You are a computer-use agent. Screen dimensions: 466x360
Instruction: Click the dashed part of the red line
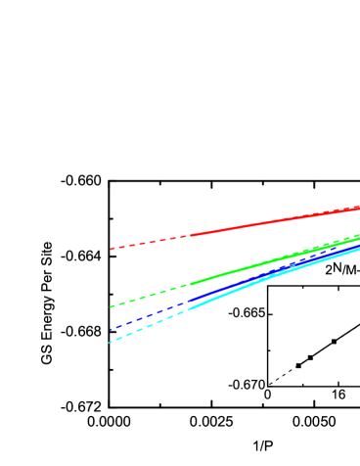(147, 242)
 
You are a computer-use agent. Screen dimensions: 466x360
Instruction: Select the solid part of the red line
(274, 221)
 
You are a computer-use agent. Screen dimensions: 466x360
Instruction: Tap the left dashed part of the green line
(147, 296)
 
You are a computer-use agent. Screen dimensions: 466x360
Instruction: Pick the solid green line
(235, 271)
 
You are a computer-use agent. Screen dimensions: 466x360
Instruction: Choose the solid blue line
(235, 282)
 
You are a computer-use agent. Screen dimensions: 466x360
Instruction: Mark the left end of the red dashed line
(111, 249)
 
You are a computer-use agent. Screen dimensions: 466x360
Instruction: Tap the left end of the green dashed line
(111, 307)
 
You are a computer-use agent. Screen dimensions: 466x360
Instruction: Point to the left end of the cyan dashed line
(109, 343)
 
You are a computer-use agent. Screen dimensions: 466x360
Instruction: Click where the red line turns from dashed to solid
(189, 235)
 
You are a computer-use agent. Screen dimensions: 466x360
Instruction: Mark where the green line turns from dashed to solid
(189, 284)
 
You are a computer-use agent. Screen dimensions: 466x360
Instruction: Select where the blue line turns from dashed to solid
(189, 301)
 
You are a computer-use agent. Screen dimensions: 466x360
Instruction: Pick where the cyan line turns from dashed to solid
(188, 308)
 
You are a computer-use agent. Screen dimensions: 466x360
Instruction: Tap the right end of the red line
(359, 207)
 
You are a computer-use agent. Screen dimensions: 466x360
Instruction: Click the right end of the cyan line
(359, 249)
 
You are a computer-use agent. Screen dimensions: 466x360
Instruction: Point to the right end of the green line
(359, 236)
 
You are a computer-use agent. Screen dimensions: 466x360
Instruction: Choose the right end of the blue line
(359, 243)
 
